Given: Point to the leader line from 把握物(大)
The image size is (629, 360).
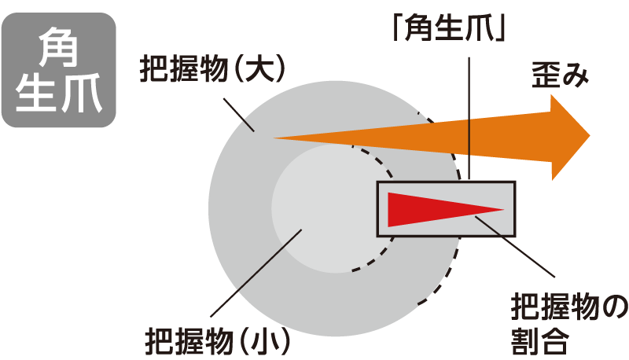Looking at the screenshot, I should click(x=239, y=114).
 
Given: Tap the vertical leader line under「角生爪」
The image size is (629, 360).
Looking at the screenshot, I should click(x=469, y=118).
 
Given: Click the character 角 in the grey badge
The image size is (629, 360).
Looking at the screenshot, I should click(x=59, y=49).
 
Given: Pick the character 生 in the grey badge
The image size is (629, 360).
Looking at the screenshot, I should click(x=37, y=92).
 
